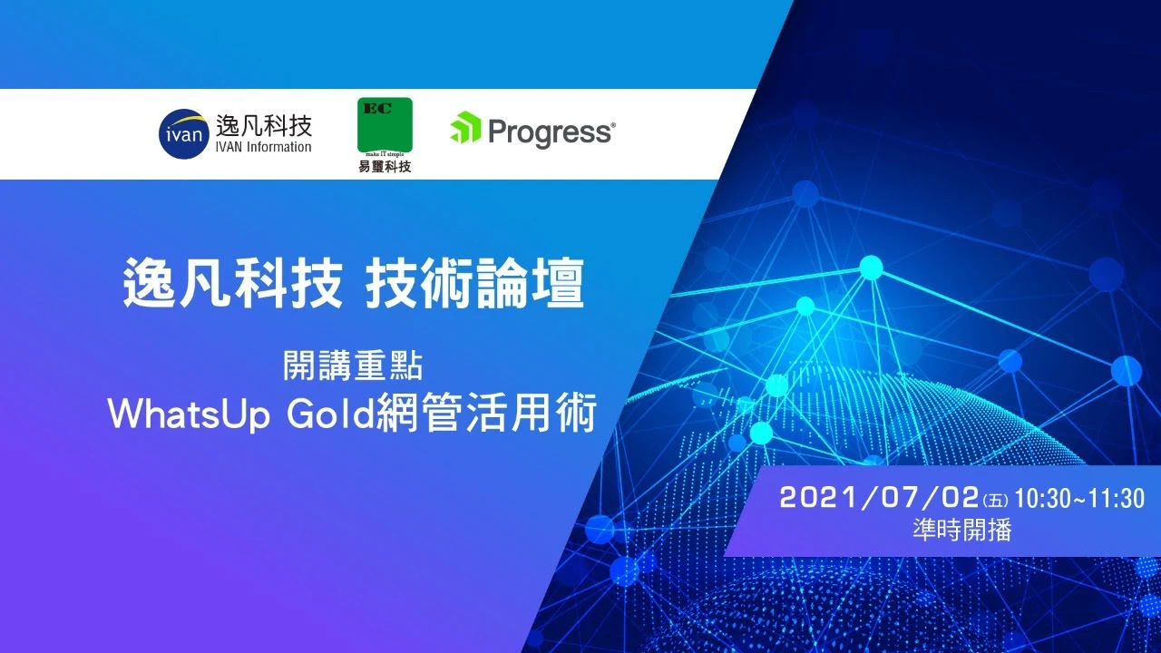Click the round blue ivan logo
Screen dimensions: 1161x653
[184, 133]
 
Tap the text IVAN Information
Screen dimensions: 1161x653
[263, 147]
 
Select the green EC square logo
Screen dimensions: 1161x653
[385, 125]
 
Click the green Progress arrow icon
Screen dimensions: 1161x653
[465, 128]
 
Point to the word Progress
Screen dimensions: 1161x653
[550, 132]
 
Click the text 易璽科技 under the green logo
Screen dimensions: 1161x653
[385, 166]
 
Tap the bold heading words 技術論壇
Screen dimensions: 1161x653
[474, 284]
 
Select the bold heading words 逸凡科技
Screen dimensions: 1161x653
[233, 284]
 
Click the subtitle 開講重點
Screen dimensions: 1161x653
[353, 365]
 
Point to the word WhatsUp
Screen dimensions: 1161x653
[190, 414]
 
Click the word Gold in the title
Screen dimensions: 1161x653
[331, 414]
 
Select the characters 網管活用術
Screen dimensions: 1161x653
[486, 414]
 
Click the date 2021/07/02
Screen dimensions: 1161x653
[880, 498]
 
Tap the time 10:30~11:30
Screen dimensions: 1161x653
[1079, 498]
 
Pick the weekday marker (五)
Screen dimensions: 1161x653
[996, 500]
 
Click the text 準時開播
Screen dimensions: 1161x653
[962, 530]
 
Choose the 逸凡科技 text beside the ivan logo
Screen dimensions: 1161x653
[264, 125]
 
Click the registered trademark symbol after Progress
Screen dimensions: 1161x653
[614, 125]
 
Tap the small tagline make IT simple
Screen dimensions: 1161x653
[385, 154]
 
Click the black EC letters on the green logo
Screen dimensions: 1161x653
[377, 109]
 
